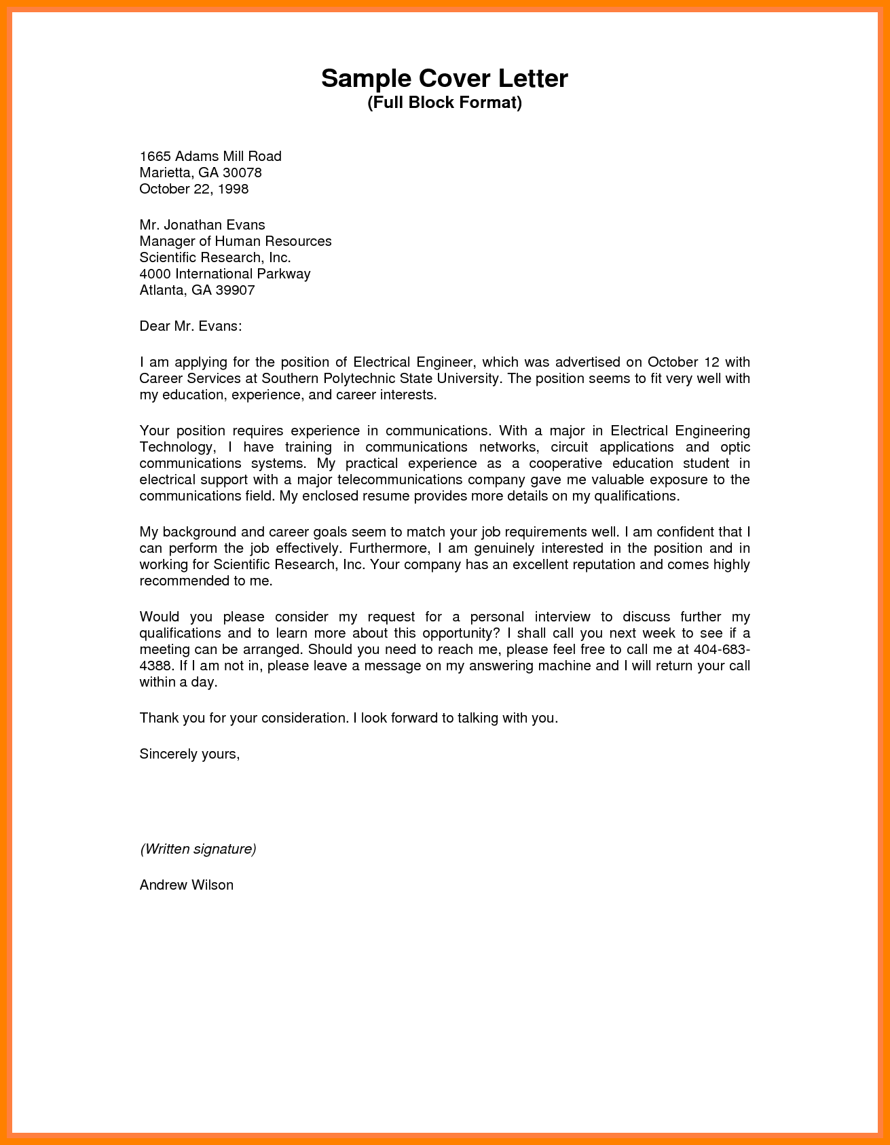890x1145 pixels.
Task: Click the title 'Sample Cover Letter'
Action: click(444, 79)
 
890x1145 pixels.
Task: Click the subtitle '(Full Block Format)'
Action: click(445, 103)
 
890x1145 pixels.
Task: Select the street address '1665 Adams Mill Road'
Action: click(210, 156)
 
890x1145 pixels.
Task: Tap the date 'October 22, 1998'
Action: click(194, 189)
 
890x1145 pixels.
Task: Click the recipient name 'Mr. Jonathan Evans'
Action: click(202, 225)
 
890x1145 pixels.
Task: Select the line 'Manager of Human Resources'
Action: click(236, 241)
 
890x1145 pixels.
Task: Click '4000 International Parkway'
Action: click(225, 274)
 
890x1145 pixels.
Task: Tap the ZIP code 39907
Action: click(234, 290)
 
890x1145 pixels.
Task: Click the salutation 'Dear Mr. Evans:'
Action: click(191, 326)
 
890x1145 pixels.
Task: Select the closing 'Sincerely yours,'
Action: click(189, 753)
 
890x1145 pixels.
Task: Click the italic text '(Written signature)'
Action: click(198, 848)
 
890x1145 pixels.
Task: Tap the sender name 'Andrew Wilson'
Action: click(187, 885)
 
